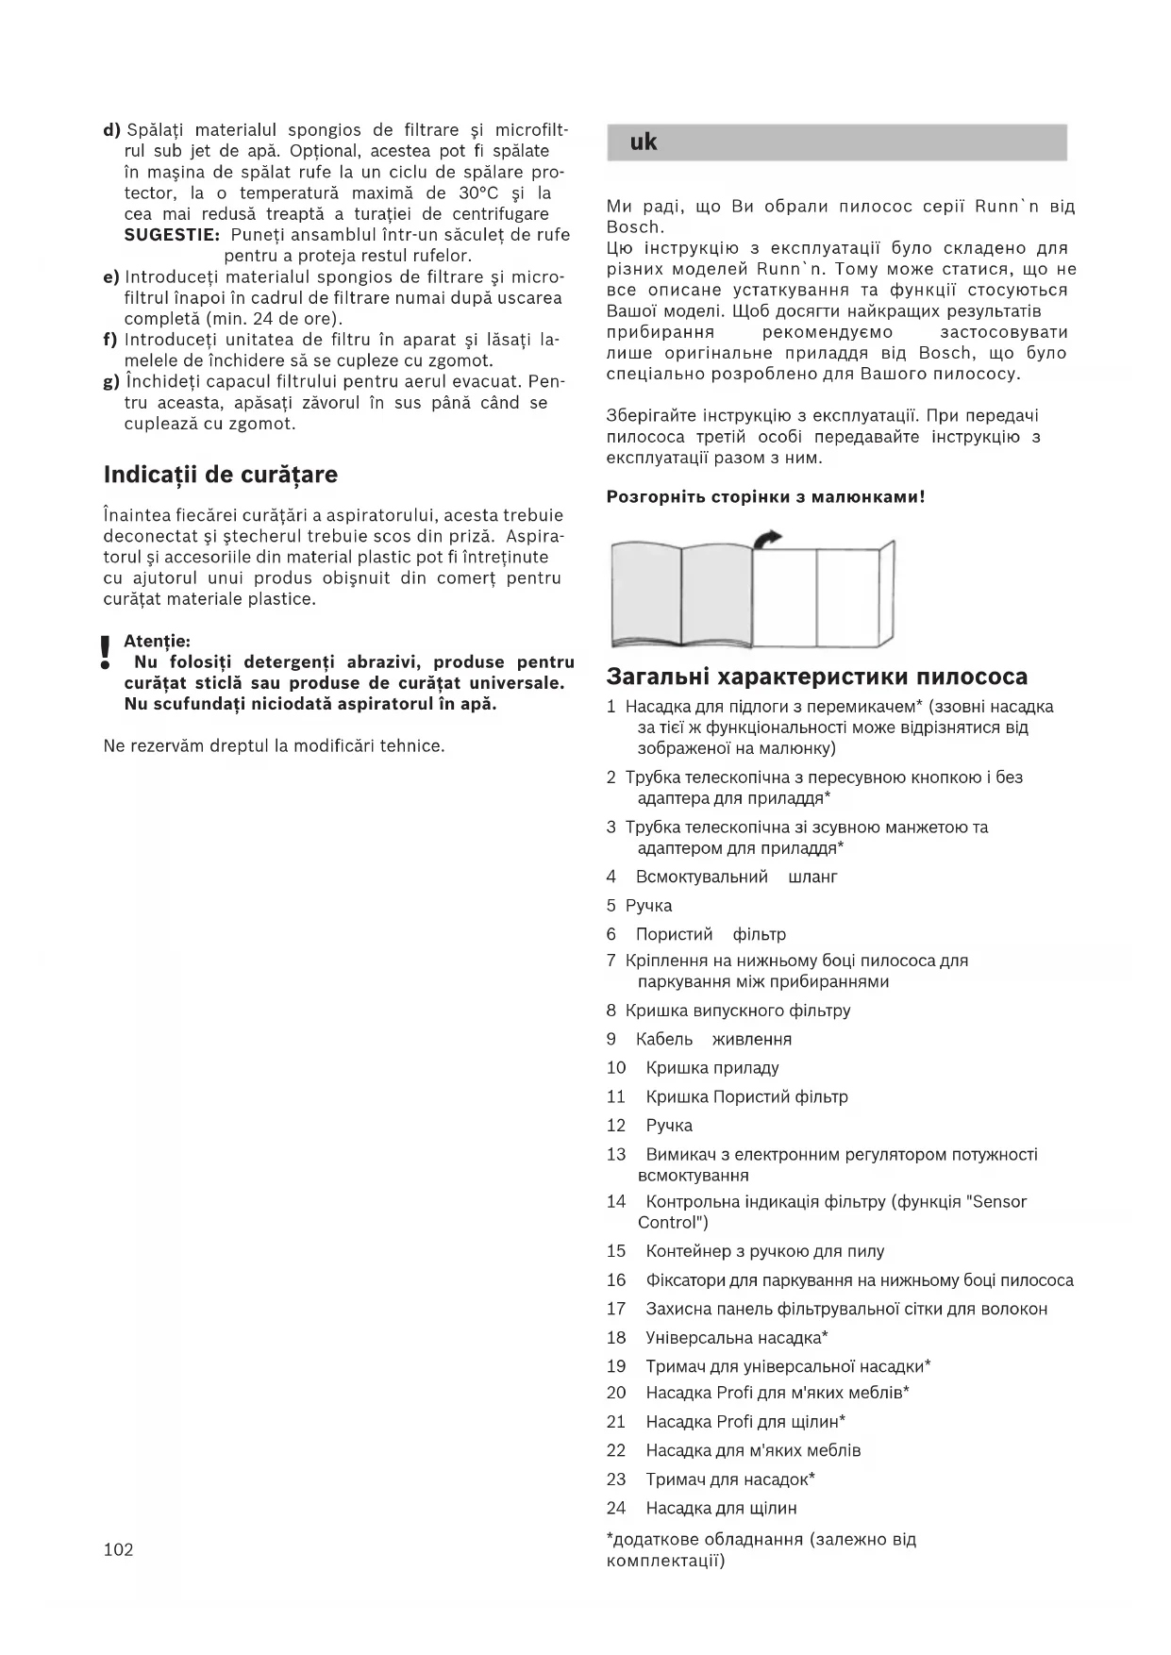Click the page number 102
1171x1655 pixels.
pos(118,1549)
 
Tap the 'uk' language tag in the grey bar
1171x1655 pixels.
pos(644,142)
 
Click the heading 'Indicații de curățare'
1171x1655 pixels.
pos(220,475)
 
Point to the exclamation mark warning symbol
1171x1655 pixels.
pos(106,652)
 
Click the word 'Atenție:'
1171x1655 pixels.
pos(157,642)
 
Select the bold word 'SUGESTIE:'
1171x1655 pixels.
pos(172,235)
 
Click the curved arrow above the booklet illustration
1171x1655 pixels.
pos(768,539)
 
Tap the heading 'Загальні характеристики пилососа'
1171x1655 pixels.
pos(816,677)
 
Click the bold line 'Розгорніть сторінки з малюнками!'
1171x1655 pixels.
pos(765,496)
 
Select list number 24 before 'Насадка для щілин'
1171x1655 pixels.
pos(616,1508)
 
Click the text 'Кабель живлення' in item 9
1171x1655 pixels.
pos(713,1039)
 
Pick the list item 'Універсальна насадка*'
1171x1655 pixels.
pos(736,1337)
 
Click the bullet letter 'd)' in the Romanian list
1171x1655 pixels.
pos(111,130)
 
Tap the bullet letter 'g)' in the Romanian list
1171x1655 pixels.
pos(111,382)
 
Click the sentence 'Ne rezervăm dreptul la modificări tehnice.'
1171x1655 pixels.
pos(274,746)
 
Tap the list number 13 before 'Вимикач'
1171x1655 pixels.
pos(616,1154)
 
